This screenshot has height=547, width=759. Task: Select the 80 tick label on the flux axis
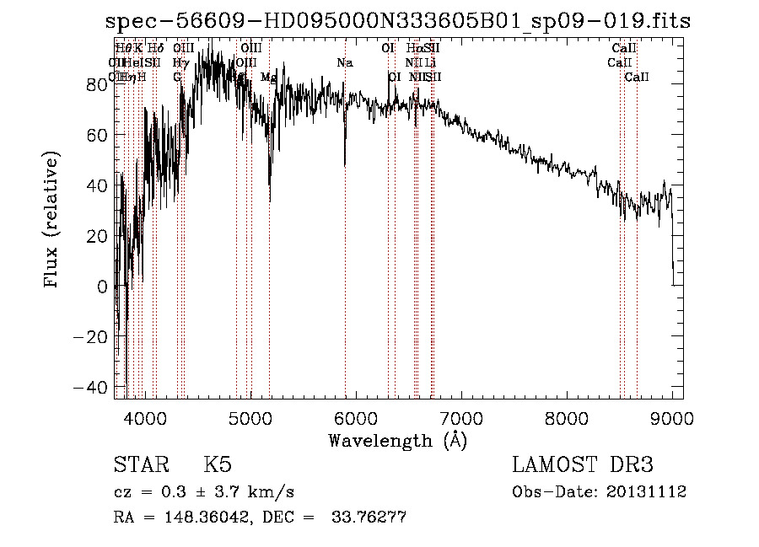[x=97, y=84]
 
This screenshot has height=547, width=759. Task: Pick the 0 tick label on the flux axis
[x=101, y=287]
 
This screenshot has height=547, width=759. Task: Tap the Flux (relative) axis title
[x=52, y=220]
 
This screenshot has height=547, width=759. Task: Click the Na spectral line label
[x=344, y=63]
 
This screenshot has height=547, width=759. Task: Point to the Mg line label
[x=268, y=78]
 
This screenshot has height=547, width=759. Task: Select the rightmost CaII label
[x=637, y=78]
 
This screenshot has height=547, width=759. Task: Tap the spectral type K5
[x=218, y=465]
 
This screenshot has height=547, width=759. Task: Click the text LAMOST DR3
[x=583, y=465]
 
